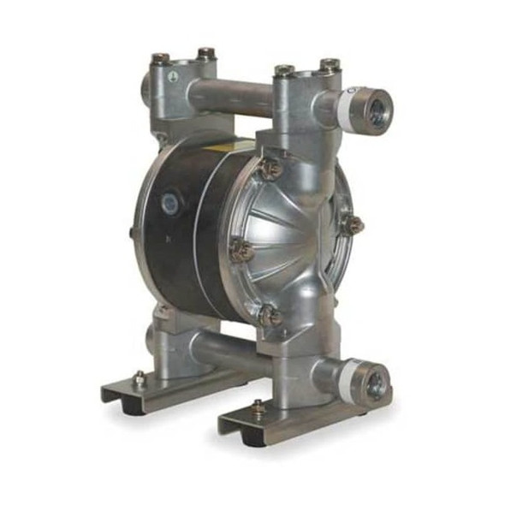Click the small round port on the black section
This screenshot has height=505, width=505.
tap(169, 202)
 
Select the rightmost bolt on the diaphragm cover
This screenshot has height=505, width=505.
tap(352, 224)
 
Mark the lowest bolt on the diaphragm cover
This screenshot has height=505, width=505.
tap(270, 315)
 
